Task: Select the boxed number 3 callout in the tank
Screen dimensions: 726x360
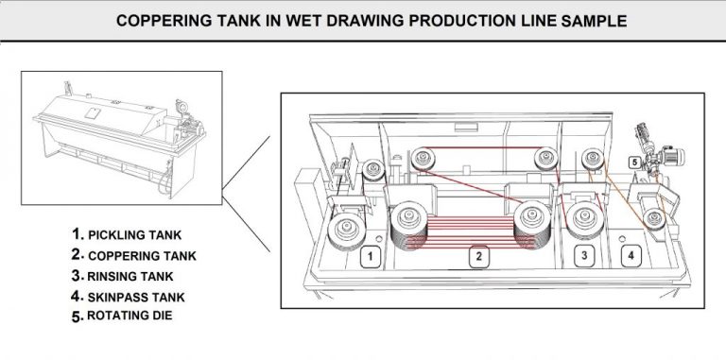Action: click(x=584, y=256)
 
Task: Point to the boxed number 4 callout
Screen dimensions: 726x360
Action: click(x=631, y=255)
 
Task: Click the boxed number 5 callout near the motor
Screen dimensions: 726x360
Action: click(x=635, y=163)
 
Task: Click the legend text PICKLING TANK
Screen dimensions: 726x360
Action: click(x=135, y=235)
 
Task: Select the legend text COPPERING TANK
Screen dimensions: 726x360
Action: click(x=142, y=256)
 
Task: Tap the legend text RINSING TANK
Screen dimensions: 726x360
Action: click(x=130, y=277)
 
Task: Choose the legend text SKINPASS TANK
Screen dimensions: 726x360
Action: click(x=136, y=298)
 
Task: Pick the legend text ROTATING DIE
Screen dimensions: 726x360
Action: click(x=130, y=316)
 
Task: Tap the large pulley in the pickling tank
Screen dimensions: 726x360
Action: click(x=347, y=231)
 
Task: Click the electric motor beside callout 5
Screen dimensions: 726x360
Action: click(x=672, y=157)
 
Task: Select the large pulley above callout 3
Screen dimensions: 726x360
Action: click(x=584, y=219)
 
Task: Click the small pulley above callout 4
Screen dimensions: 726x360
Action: click(x=655, y=219)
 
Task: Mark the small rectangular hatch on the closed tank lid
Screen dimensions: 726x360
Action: click(x=93, y=112)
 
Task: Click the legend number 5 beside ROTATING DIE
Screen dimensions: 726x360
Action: click(x=77, y=317)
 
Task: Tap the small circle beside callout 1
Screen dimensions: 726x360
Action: click(x=379, y=239)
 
